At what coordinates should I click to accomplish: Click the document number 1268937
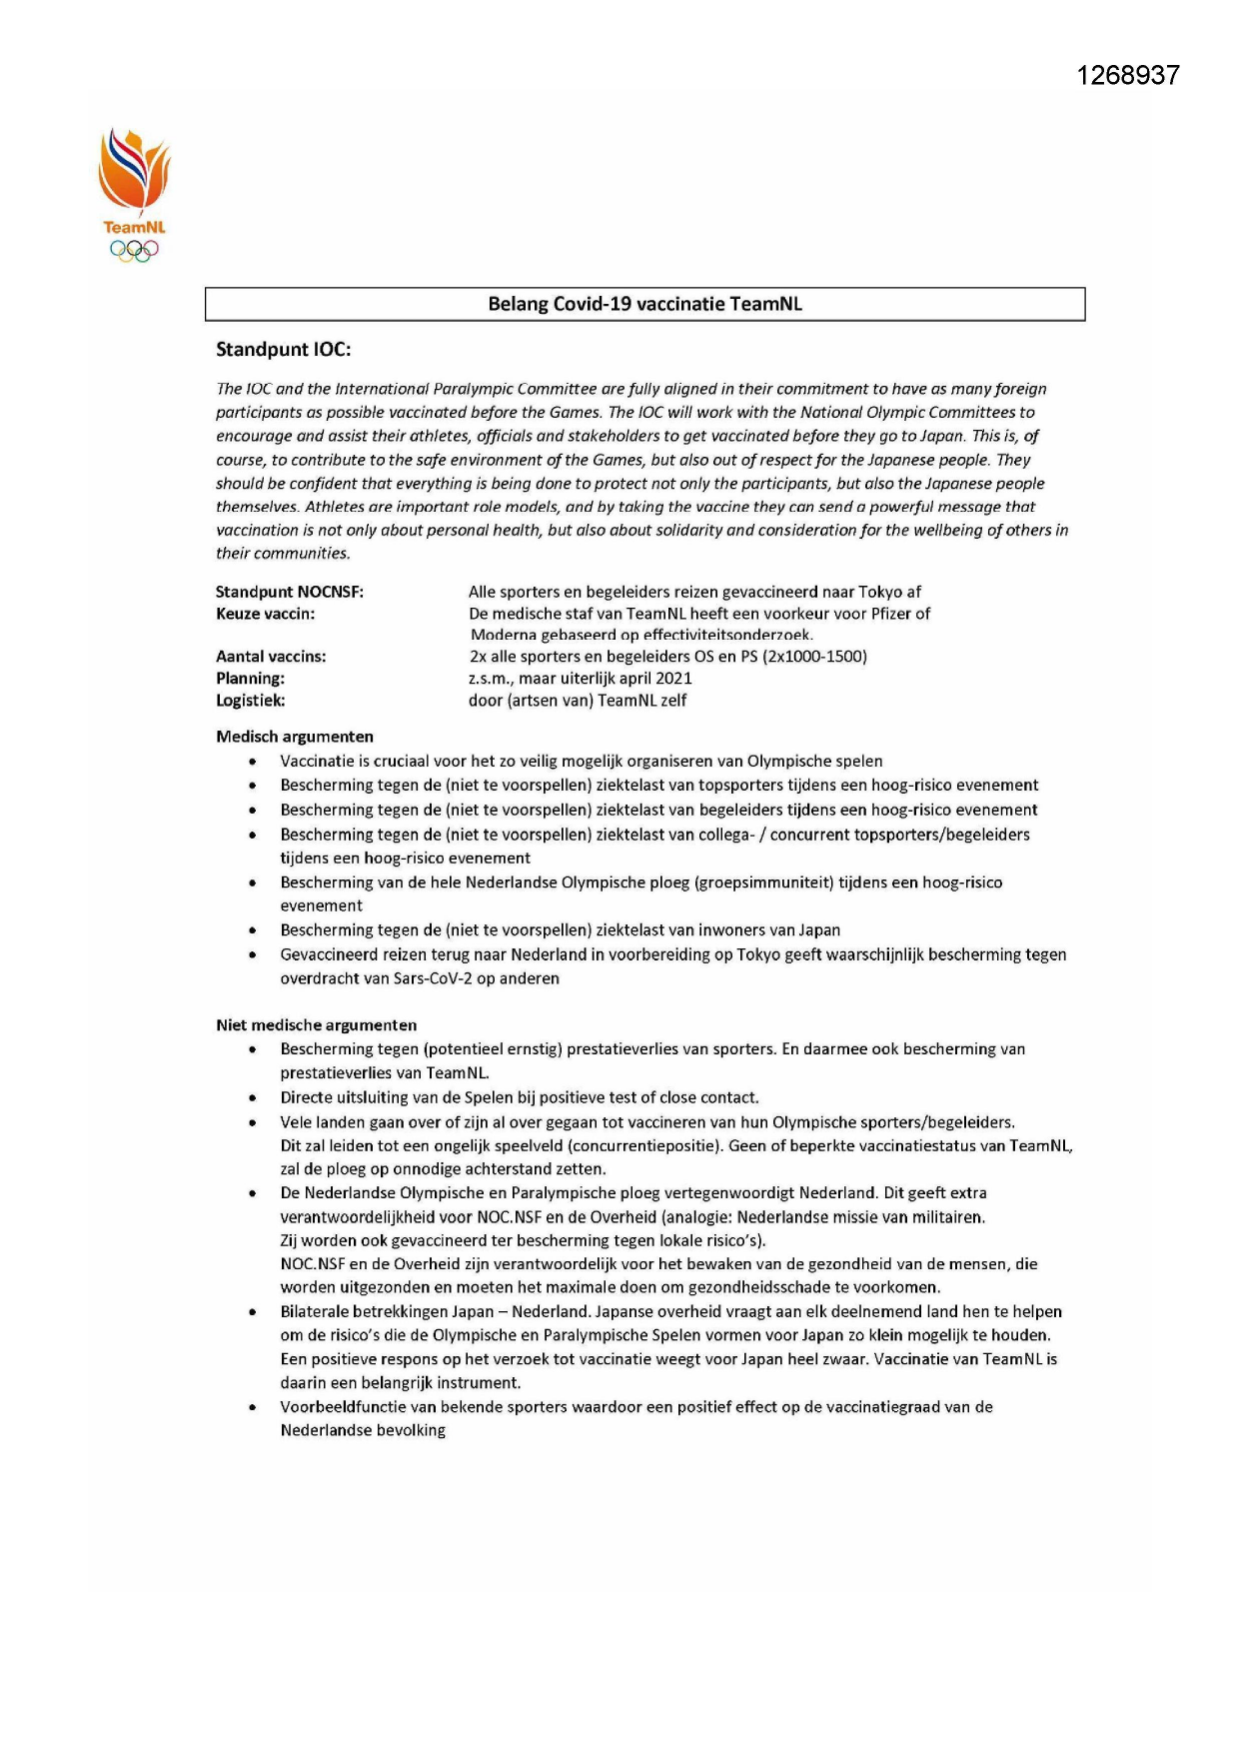pos(1128,76)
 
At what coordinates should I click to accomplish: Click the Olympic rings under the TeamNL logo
pos(134,252)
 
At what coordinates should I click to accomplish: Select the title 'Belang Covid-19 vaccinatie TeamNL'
pos(644,304)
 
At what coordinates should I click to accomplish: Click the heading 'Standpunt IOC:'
pos(283,350)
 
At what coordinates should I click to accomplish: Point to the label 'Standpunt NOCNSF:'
pos(290,592)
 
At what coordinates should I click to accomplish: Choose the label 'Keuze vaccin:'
pos(265,614)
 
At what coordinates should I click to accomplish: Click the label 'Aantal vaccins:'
pos(271,657)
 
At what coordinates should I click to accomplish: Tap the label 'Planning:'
pos(250,679)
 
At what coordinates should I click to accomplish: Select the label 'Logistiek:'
pos(251,701)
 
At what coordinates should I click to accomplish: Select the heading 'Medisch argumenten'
pos(295,737)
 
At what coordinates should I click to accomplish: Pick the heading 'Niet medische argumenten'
pos(317,1025)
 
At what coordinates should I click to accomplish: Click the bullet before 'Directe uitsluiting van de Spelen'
pos(254,1098)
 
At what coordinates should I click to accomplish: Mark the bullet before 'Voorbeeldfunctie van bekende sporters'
pos(254,1408)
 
